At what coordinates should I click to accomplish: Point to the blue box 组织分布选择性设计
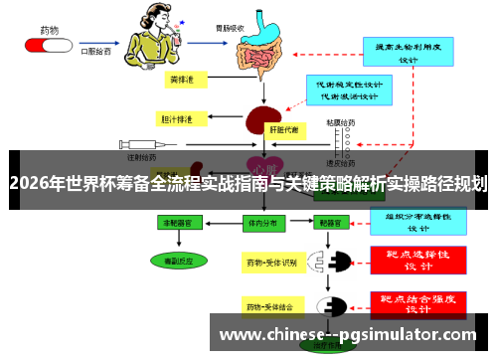(x=418, y=220)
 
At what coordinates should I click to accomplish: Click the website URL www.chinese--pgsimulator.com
(x=347, y=335)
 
